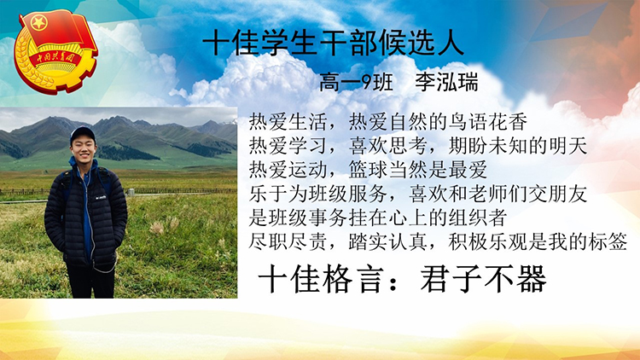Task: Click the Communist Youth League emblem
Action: point(56,51)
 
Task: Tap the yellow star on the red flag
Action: point(39,22)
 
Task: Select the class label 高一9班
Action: point(356,83)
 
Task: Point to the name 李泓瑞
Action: point(446,83)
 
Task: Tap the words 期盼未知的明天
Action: point(518,146)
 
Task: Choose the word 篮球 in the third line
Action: point(368,170)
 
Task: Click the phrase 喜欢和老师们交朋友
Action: point(498,194)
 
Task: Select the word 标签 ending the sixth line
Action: point(608,242)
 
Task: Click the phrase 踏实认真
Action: point(388,242)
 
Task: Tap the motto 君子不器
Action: point(483,279)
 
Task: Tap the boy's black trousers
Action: point(90,281)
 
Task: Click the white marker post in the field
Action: point(131,192)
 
